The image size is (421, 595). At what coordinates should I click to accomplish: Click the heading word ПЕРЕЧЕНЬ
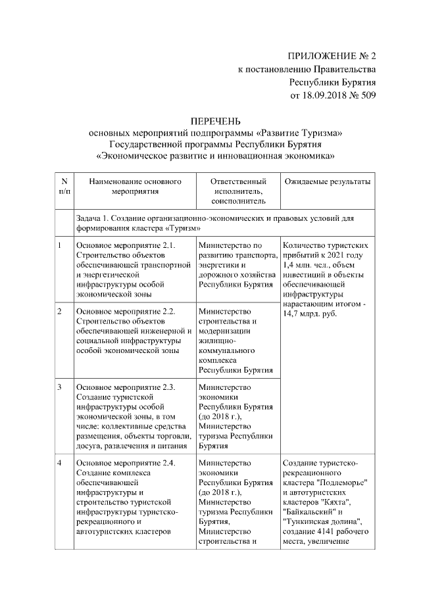coord(216,121)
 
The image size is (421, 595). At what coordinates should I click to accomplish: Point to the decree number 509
coord(367,95)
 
